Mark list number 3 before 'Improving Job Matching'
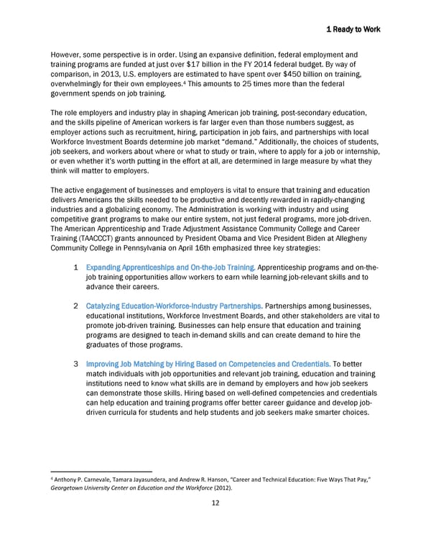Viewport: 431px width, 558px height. click(x=76, y=362)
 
